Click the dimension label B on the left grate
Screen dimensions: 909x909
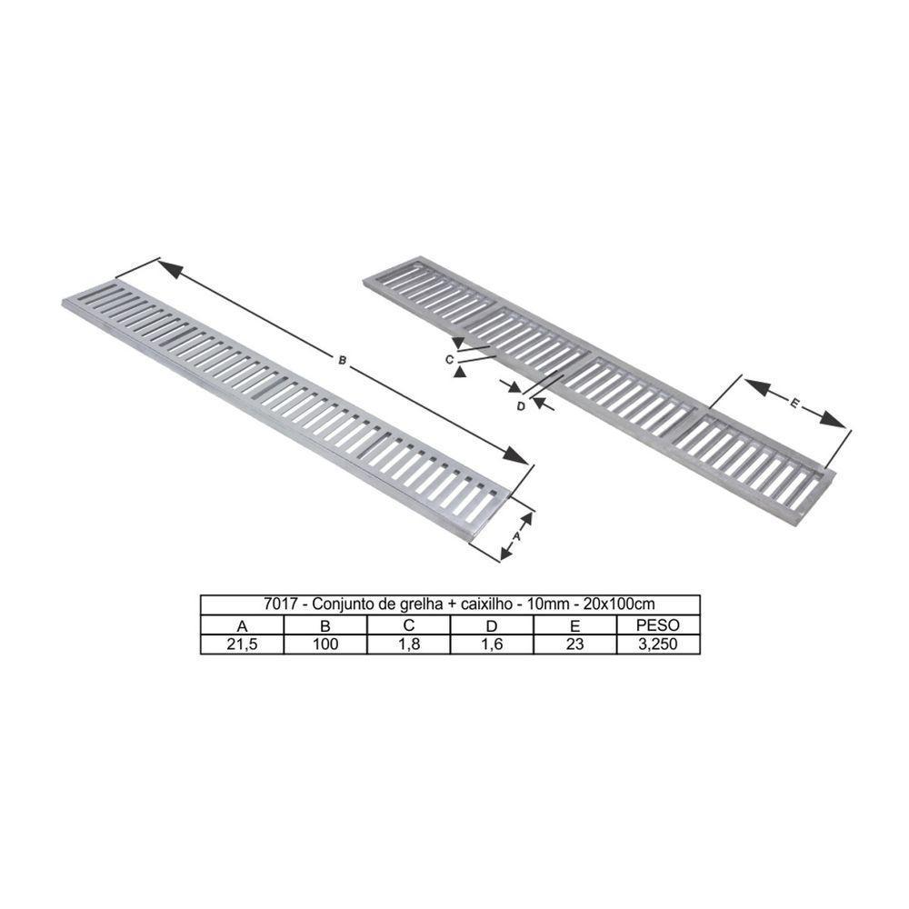click(x=343, y=361)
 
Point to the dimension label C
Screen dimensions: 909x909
click(x=450, y=360)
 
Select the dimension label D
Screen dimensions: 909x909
click(x=521, y=405)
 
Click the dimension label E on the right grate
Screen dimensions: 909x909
click(x=794, y=405)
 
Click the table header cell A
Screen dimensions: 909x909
click(x=242, y=625)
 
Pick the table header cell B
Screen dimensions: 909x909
click(x=325, y=625)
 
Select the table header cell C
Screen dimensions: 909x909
click(x=409, y=625)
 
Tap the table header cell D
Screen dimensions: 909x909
click(x=492, y=625)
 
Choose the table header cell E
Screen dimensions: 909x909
click(x=574, y=625)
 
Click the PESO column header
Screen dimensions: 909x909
click(x=658, y=625)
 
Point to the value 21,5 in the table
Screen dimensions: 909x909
click(x=242, y=644)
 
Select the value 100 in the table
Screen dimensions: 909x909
click(x=325, y=644)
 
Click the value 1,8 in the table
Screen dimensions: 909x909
click(x=409, y=644)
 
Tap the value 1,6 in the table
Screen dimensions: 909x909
click(x=492, y=644)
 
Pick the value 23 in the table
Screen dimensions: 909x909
click(x=574, y=644)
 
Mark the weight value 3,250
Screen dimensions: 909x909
click(x=658, y=644)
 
